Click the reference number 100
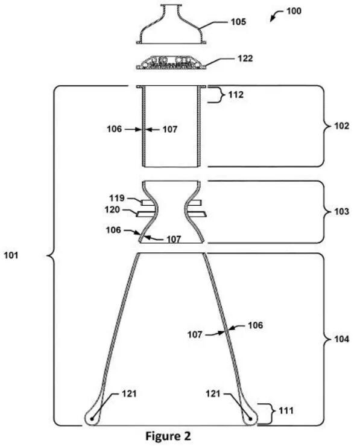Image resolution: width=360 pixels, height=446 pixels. click(x=294, y=11)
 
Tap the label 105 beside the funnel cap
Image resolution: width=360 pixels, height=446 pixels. click(x=238, y=22)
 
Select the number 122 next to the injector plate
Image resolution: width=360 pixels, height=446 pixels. click(x=245, y=59)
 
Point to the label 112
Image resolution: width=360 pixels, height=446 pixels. click(x=236, y=95)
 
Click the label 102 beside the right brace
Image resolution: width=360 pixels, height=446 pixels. click(x=341, y=126)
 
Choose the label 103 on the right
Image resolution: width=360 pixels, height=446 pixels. click(x=341, y=211)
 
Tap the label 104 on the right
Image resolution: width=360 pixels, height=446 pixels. click(x=341, y=339)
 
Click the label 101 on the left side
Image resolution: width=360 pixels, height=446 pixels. click(x=11, y=255)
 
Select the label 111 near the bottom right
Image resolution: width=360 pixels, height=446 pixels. click(x=286, y=411)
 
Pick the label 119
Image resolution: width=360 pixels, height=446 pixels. click(x=117, y=198)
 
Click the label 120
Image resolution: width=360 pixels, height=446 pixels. click(x=112, y=209)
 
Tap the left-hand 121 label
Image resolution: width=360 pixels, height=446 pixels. click(x=129, y=394)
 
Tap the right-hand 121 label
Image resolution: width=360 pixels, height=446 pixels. click(x=213, y=394)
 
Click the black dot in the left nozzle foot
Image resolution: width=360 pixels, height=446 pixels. click(x=92, y=419)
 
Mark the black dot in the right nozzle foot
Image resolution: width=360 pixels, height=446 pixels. click(x=250, y=419)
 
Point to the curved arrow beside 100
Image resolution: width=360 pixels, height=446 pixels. click(x=276, y=15)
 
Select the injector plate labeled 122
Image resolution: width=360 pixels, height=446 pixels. click(x=171, y=63)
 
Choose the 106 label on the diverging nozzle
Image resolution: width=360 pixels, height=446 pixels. click(x=255, y=325)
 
